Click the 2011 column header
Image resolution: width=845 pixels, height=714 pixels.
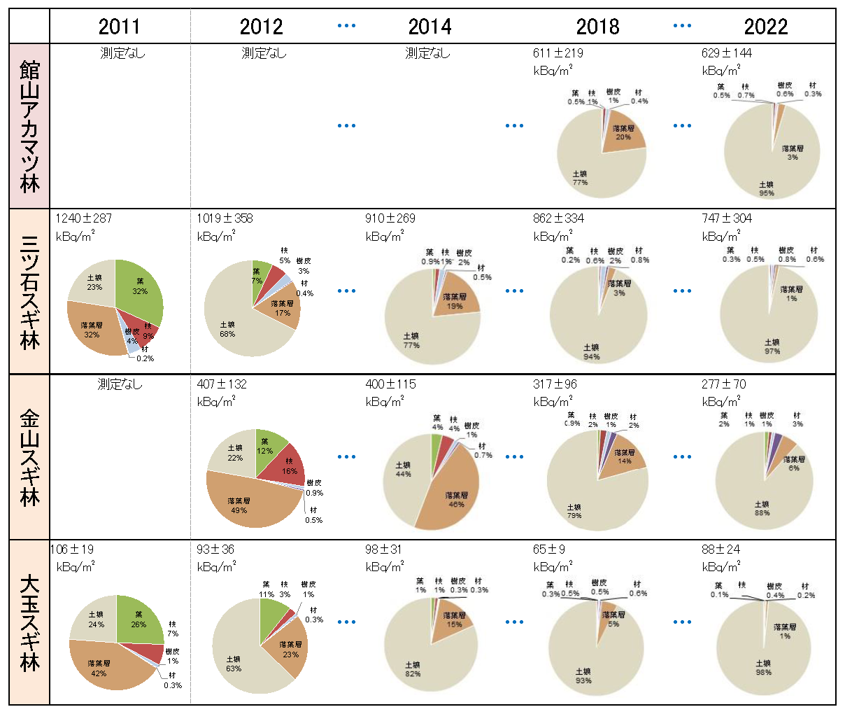tap(119, 27)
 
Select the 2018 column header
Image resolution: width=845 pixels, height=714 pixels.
tap(597, 27)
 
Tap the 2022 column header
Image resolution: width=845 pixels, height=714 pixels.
tap(765, 27)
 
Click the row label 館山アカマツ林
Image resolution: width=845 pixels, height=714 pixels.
tap(29, 127)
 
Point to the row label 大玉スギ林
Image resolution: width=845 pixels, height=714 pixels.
tap(29, 622)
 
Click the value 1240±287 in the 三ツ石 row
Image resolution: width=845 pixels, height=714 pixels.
tap(84, 218)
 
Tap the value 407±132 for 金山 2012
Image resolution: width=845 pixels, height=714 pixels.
tap(222, 384)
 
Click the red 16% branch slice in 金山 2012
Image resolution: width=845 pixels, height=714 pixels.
tap(287, 465)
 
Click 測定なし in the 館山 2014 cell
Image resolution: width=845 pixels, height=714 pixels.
tap(427, 53)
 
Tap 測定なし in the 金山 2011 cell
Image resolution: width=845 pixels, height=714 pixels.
tap(120, 384)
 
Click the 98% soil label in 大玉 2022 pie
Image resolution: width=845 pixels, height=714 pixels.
tap(763, 668)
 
